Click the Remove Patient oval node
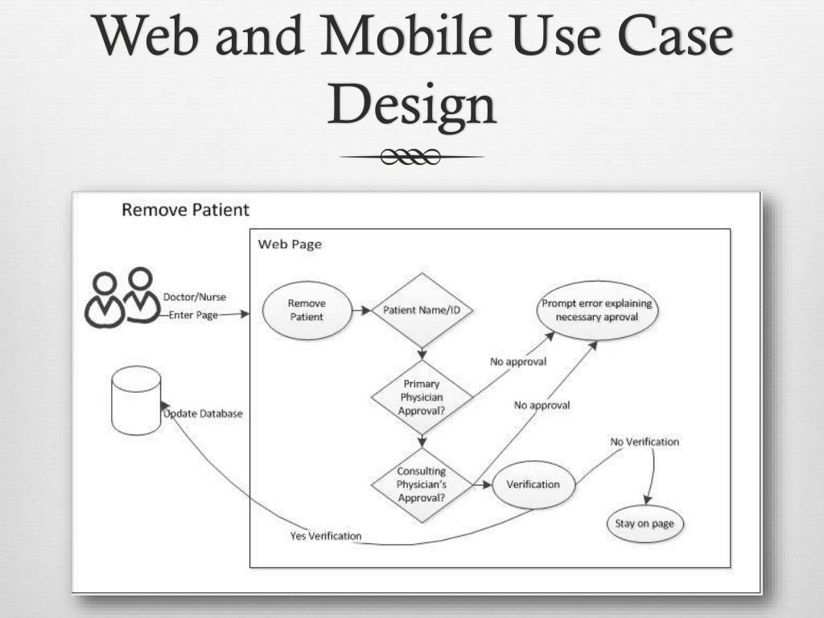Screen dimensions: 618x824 tap(306, 310)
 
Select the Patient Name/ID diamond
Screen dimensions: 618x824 tap(421, 310)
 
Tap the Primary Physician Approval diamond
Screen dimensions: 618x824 tap(421, 397)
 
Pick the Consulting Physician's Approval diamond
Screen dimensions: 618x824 tap(421, 484)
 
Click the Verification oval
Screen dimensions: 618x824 tap(533, 484)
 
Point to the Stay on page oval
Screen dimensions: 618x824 tap(644, 524)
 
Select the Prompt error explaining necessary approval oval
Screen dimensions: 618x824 tap(596, 310)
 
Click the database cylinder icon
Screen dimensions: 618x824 tap(136, 400)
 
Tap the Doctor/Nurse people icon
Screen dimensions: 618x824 tap(122, 298)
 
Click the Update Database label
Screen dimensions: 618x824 tap(204, 414)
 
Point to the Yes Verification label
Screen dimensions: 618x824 tap(325, 536)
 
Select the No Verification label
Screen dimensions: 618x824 tap(644, 442)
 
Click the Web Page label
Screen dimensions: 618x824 tap(290, 244)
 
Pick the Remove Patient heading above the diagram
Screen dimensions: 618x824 tap(185, 210)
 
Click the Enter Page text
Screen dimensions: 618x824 tap(193, 315)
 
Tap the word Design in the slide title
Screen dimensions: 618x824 tap(411, 105)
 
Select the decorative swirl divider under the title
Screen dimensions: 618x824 tap(411, 157)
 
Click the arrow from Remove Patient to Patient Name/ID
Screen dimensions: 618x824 tap(360, 310)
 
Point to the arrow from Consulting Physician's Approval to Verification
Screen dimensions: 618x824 tap(481, 484)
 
